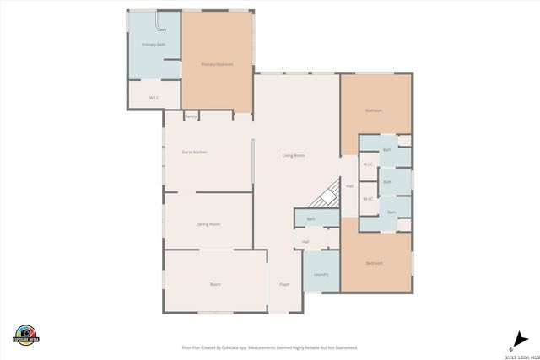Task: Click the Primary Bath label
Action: click(x=153, y=44)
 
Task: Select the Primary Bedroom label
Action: click(x=217, y=64)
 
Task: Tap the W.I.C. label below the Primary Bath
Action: click(x=154, y=98)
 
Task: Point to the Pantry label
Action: click(x=192, y=116)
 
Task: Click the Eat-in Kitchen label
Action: click(x=195, y=152)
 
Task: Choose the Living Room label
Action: click(x=293, y=155)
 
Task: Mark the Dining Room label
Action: click(x=208, y=224)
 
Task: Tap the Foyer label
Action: click(x=284, y=284)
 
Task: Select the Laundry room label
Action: click(x=321, y=275)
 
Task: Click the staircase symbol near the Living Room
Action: click(x=322, y=199)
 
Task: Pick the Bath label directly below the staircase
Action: click(x=310, y=219)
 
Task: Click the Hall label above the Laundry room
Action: click(x=305, y=242)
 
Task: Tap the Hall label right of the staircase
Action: click(x=349, y=186)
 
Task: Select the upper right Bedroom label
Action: click(x=374, y=110)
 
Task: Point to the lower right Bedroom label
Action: click(x=374, y=263)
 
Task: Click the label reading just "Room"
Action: click(x=215, y=284)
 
